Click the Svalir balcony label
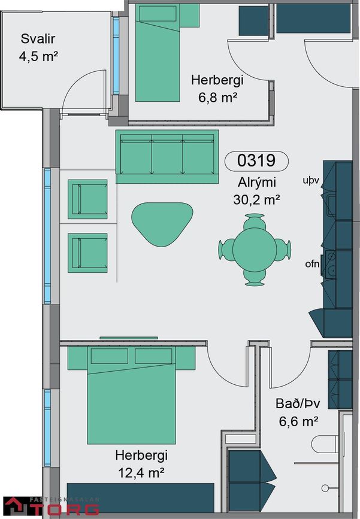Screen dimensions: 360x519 (x=38, y=39)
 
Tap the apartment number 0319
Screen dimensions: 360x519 (x=256, y=160)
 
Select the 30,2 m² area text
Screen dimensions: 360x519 (x=256, y=199)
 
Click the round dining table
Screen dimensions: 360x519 (x=255, y=250)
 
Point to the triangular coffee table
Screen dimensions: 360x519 (x=162, y=223)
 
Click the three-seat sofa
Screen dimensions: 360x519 (x=167, y=157)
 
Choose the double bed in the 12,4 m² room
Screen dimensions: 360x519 (x=132, y=395)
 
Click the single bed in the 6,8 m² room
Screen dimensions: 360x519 (x=158, y=53)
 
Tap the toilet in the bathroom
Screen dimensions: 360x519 (x=325, y=444)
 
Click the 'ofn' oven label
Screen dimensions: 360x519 (x=312, y=264)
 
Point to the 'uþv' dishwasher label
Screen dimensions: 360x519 (x=311, y=181)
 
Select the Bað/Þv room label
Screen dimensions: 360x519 (x=298, y=404)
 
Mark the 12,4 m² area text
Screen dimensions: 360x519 (x=141, y=473)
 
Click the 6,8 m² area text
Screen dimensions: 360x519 (x=217, y=98)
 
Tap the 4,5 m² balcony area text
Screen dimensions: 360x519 (x=38, y=56)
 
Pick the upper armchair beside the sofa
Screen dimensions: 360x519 (x=87, y=199)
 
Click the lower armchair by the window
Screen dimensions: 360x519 (x=87, y=253)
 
